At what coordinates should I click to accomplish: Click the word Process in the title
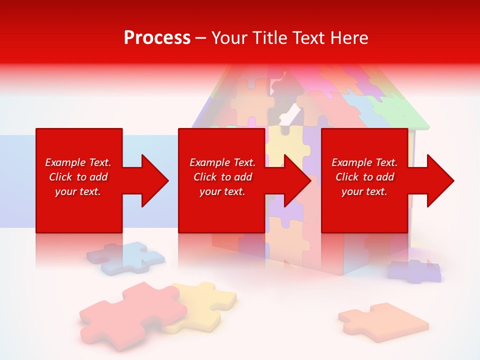[x=157, y=38]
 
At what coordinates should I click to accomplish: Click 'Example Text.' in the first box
[x=78, y=162]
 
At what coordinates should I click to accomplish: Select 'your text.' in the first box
[x=78, y=191]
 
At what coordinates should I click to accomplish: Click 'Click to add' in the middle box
[x=222, y=177]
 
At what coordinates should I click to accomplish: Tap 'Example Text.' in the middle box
[x=222, y=162]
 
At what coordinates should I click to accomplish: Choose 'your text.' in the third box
[x=364, y=191]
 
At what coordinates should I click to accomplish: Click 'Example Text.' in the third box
[x=364, y=162]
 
